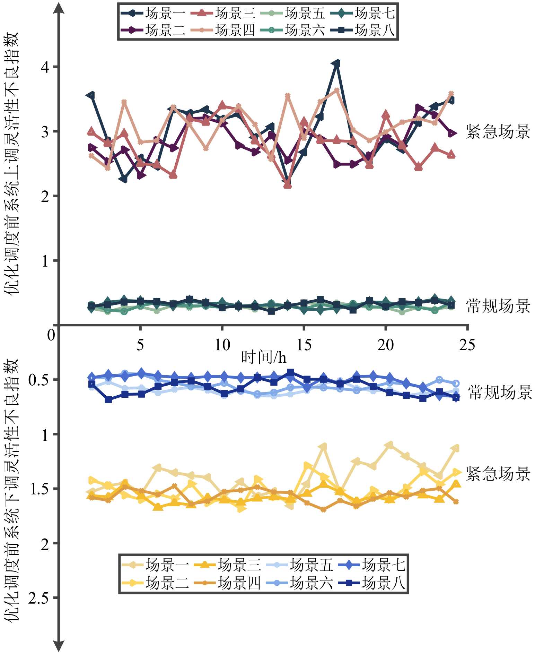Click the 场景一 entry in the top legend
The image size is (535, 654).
click(153, 14)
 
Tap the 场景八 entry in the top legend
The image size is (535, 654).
click(362, 31)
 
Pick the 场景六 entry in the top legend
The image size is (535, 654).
click(292, 31)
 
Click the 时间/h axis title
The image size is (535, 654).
click(264, 357)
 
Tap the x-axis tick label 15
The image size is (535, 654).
click(304, 345)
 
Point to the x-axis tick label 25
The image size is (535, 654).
click(467, 345)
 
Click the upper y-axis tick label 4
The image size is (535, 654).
click(45, 67)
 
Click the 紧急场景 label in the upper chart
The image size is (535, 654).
click(498, 132)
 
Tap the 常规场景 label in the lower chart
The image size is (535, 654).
click(500, 393)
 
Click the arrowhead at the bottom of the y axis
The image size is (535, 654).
click(59, 646)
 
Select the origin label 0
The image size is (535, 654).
click(51, 335)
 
